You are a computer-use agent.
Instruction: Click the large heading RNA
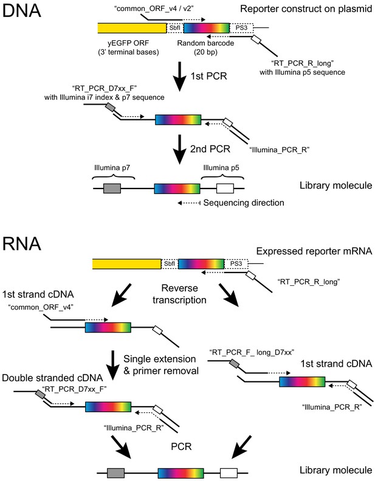coord(21,244)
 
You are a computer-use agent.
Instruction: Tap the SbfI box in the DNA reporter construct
coord(175,28)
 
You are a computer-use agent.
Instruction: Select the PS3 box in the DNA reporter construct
coord(242,28)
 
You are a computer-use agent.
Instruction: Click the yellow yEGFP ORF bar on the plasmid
coord(132,28)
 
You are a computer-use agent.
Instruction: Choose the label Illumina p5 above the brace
coord(221,168)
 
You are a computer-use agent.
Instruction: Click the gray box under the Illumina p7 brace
coord(112,189)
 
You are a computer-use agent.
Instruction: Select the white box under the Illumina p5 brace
coord(225,189)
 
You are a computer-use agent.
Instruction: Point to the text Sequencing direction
coord(244,202)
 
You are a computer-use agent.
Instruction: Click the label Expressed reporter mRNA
coord(314,251)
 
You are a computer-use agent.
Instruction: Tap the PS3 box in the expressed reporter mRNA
coord(236,264)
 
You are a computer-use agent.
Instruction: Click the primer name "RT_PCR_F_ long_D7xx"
coord(252,352)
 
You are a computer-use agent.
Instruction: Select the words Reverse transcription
coord(179,294)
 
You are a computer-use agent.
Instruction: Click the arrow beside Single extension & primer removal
coord(113,365)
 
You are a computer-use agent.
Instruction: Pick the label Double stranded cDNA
coord(52,378)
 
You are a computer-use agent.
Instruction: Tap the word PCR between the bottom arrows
coord(181,446)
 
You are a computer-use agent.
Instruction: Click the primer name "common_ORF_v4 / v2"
coord(153,9)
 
